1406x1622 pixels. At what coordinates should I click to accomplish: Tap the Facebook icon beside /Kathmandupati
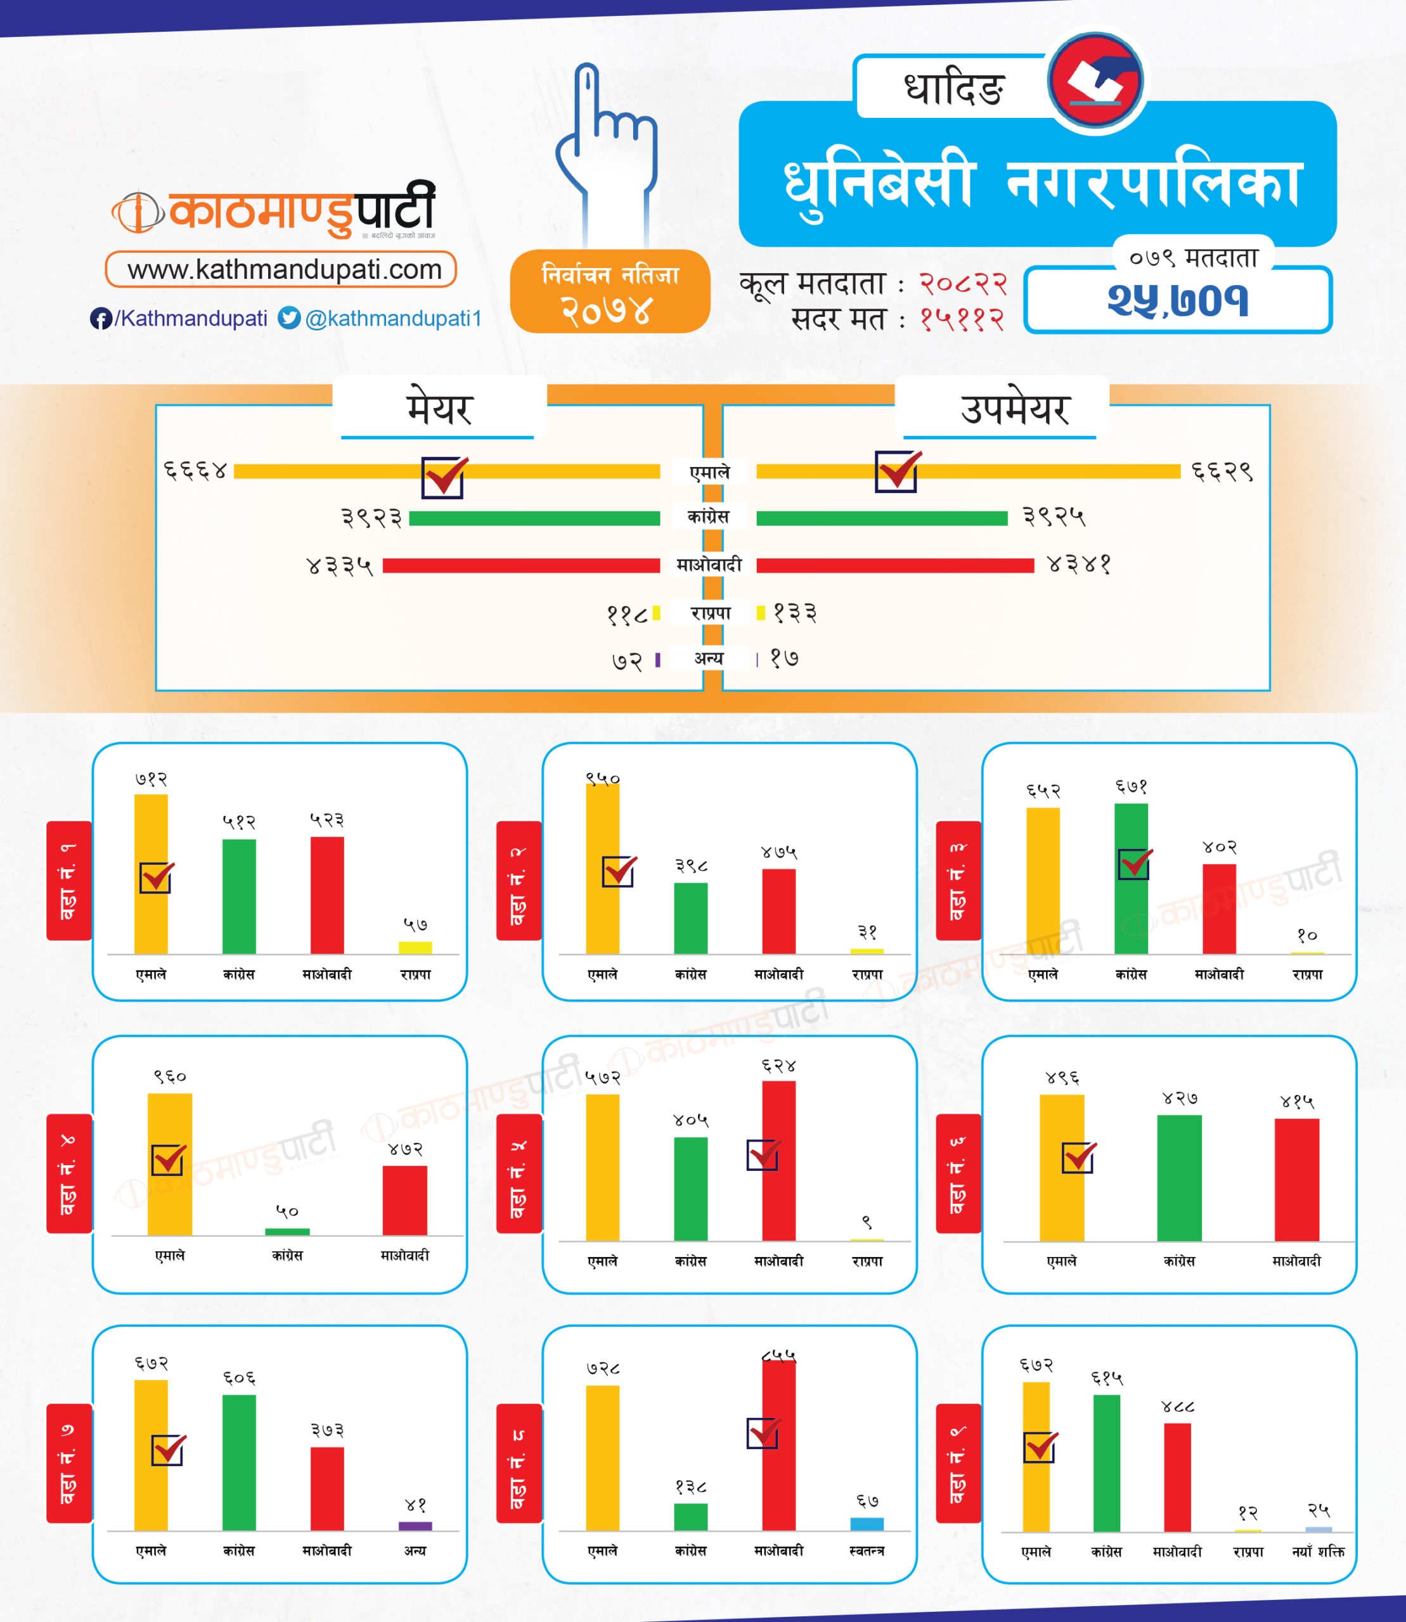click(x=100, y=319)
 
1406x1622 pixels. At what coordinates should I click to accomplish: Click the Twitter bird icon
click(x=290, y=317)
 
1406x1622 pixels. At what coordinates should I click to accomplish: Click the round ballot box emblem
click(x=1096, y=80)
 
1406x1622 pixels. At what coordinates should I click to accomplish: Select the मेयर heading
click(x=439, y=409)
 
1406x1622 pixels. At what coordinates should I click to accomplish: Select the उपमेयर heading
click(x=1016, y=409)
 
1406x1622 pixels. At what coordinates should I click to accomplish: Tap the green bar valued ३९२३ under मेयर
click(x=534, y=518)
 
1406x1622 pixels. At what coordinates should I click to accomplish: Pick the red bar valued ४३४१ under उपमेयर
click(x=894, y=566)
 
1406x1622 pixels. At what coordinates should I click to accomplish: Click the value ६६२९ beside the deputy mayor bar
click(x=1222, y=471)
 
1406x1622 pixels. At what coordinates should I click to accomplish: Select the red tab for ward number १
click(x=69, y=880)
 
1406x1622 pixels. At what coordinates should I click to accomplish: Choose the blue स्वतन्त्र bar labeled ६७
click(x=867, y=1524)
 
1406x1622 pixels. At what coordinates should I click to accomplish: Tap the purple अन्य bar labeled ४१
click(x=415, y=1526)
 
